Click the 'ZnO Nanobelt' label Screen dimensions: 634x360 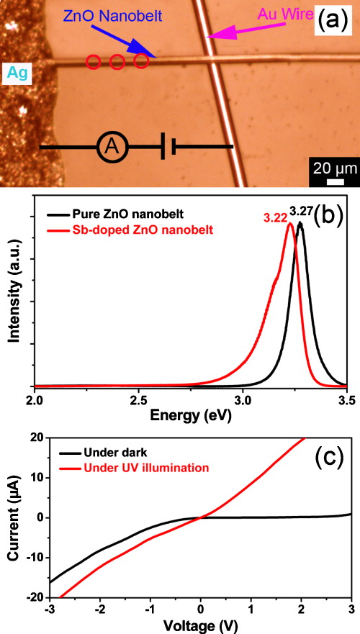click(x=97, y=15)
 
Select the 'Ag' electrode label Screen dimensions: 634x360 click(x=16, y=72)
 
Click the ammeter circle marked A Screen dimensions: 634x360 click(x=111, y=147)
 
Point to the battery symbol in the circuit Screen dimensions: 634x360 click(x=168, y=147)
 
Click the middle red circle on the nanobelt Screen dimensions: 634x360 click(x=117, y=63)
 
